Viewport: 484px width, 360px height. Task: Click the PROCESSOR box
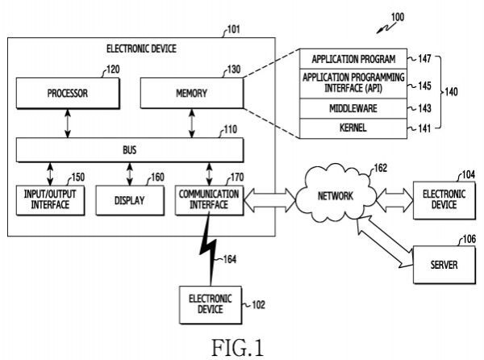click(68, 93)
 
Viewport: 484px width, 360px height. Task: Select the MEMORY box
click(192, 93)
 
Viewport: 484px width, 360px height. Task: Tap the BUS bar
click(130, 150)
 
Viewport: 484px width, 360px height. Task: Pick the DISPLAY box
click(130, 200)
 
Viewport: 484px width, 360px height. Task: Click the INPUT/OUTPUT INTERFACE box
click(50, 200)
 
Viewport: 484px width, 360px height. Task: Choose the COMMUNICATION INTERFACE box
click(209, 200)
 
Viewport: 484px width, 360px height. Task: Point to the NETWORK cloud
click(336, 195)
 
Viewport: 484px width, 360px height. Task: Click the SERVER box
click(444, 265)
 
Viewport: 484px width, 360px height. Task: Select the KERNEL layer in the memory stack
click(353, 128)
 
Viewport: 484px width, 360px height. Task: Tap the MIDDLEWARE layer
click(353, 108)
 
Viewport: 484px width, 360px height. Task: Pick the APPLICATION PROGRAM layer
click(353, 59)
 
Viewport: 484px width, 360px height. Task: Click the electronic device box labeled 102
click(211, 305)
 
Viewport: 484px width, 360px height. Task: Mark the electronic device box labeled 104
click(444, 200)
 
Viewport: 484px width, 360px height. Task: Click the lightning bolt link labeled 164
click(211, 250)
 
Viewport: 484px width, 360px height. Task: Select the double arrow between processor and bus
click(68, 123)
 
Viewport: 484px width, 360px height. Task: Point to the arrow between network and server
click(384, 242)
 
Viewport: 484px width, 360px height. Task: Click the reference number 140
click(451, 92)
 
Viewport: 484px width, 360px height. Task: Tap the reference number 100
click(398, 17)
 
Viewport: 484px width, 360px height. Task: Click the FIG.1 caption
click(238, 348)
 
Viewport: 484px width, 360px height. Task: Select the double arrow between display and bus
click(130, 174)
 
